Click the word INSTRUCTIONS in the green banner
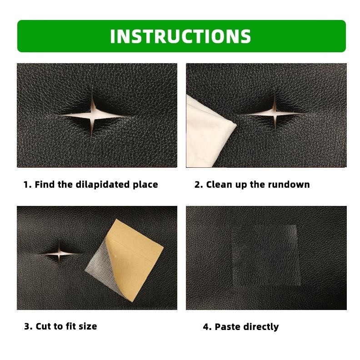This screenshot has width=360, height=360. (180, 36)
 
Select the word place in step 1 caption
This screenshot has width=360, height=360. (145, 185)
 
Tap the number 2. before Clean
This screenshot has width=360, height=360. (199, 185)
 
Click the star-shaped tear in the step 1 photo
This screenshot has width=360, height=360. (92, 115)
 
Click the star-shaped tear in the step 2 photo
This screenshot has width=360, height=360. (275, 113)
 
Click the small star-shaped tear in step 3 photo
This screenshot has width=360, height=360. (59, 253)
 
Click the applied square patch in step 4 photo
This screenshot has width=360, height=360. (266, 255)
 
